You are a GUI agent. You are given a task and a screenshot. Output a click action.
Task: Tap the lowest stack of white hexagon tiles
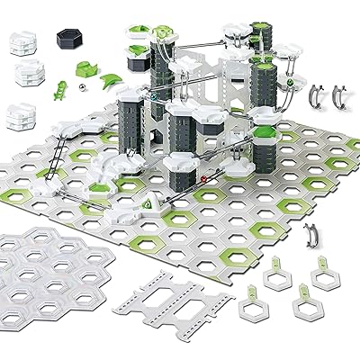[24, 116]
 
